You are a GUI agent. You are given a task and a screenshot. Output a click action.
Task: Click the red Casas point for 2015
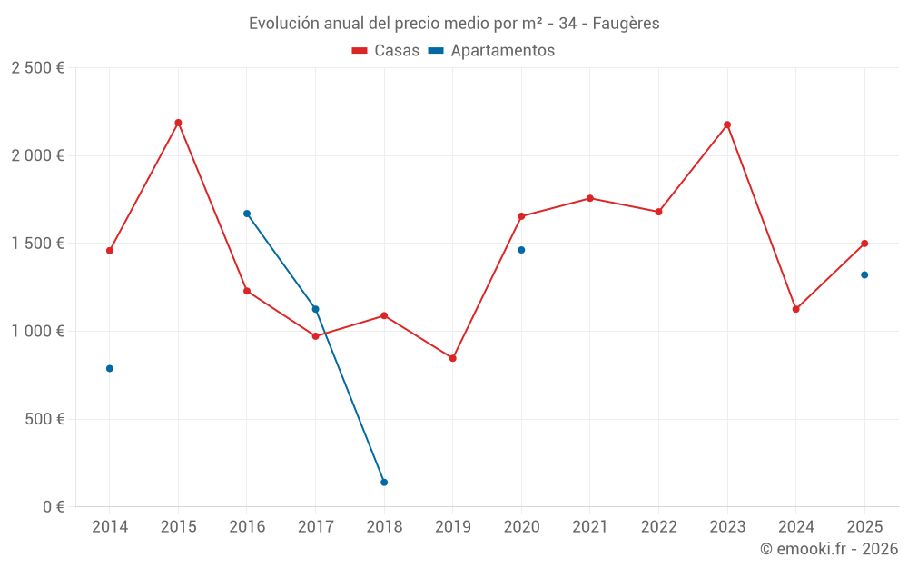(x=178, y=123)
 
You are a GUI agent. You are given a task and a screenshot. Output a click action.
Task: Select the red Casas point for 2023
(x=727, y=125)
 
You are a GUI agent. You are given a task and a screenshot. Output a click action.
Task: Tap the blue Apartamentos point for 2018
(x=384, y=483)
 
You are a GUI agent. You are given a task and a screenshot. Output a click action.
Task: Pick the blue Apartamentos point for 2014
(x=110, y=369)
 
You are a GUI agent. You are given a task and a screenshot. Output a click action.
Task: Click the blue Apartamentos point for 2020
(x=521, y=250)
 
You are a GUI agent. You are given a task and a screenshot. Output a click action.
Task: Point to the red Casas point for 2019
(x=453, y=358)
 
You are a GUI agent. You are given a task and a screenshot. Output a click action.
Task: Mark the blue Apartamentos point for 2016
(x=247, y=214)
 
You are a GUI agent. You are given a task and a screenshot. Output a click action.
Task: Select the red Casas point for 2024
(x=796, y=309)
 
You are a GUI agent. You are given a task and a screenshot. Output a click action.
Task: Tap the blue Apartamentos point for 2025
(x=864, y=274)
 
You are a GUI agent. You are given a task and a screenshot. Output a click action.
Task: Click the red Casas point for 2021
(x=590, y=198)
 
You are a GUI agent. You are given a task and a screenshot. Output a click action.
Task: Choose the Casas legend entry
(x=386, y=51)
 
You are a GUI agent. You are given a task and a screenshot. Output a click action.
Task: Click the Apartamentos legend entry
(x=491, y=51)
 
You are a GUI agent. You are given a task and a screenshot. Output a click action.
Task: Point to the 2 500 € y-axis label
(x=37, y=68)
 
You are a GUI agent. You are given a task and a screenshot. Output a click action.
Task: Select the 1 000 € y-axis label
(x=37, y=332)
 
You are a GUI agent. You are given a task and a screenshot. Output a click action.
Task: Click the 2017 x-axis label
(x=315, y=527)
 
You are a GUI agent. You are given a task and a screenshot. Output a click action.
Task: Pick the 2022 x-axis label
(x=658, y=527)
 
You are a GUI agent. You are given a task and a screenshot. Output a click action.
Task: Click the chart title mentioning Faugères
(x=454, y=24)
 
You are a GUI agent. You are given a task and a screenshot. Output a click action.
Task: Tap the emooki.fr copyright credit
(x=828, y=549)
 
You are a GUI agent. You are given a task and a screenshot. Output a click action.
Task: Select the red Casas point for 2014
(x=110, y=251)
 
